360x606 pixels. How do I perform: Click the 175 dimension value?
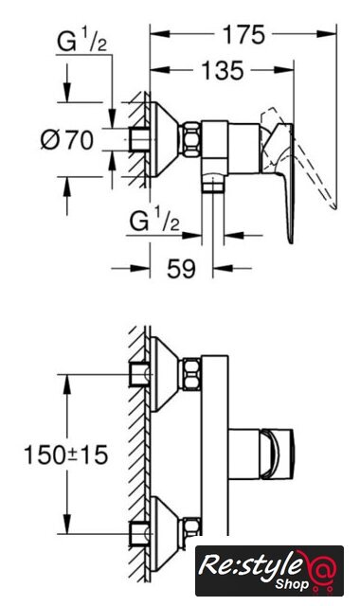(x=243, y=35)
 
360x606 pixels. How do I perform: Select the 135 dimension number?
(x=224, y=71)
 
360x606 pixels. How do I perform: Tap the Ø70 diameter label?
(x=67, y=139)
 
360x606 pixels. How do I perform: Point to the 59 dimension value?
(x=181, y=268)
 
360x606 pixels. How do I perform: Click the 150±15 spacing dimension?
(x=65, y=454)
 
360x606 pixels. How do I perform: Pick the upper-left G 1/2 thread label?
(x=81, y=42)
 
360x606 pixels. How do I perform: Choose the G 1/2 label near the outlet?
(x=154, y=222)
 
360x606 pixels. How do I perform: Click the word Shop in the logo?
(x=292, y=583)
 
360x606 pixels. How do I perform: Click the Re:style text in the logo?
(x=250, y=566)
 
